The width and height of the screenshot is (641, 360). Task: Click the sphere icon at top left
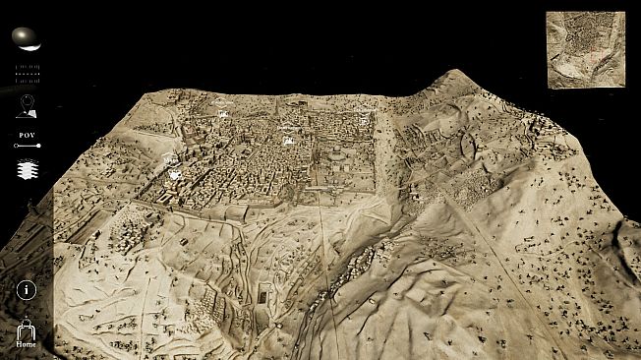click(27, 38)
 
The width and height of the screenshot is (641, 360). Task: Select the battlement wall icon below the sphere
click(28, 73)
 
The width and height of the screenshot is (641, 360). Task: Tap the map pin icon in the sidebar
click(27, 106)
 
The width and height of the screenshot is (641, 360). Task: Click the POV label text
click(28, 134)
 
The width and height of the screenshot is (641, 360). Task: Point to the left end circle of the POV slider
click(16, 146)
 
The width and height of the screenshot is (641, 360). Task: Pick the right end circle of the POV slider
click(38, 146)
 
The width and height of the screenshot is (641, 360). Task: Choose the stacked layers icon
click(28, 170)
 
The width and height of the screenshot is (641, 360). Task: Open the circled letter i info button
click(27, 290)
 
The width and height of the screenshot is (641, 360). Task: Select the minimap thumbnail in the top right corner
click(585, 49)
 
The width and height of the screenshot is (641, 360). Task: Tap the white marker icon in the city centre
click(289, 141)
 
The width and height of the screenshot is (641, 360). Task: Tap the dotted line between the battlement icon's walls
click(28, 73)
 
